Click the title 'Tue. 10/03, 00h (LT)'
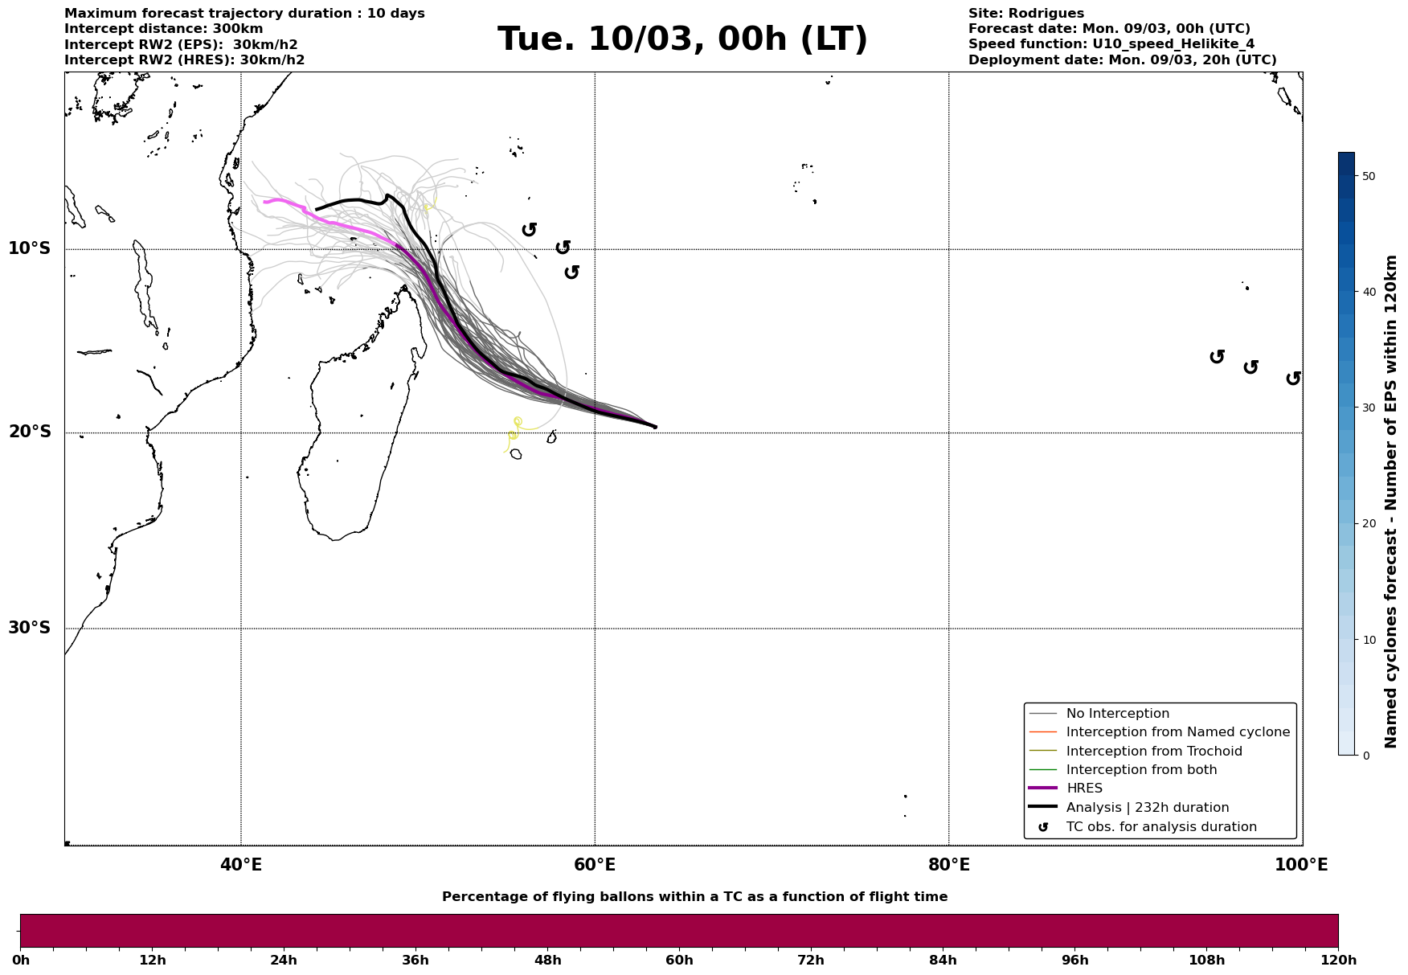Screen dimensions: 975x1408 [682, 39]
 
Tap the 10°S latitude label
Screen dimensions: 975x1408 [30, 248]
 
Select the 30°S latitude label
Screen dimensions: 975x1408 [30, 628]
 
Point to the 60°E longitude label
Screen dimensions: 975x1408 [595, 865]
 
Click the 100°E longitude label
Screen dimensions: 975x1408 [1301, 865]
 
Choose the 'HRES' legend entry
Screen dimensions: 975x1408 [1084, 789]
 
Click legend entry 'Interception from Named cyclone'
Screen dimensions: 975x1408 [1177, 732]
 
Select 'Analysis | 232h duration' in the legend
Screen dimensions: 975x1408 [1147, 808]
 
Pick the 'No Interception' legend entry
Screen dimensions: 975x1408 [1117, 714]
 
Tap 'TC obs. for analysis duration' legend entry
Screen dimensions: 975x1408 [1160, 827]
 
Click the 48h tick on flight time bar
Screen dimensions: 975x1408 [547, 960]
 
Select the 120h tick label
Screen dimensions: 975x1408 [1337, 960]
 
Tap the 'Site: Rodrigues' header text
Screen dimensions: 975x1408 [1025, 14]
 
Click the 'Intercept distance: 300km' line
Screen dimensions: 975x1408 [163, 29]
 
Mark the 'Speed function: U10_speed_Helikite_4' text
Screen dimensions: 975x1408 [1111, 44]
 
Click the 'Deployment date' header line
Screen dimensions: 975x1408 [1122, 60]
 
